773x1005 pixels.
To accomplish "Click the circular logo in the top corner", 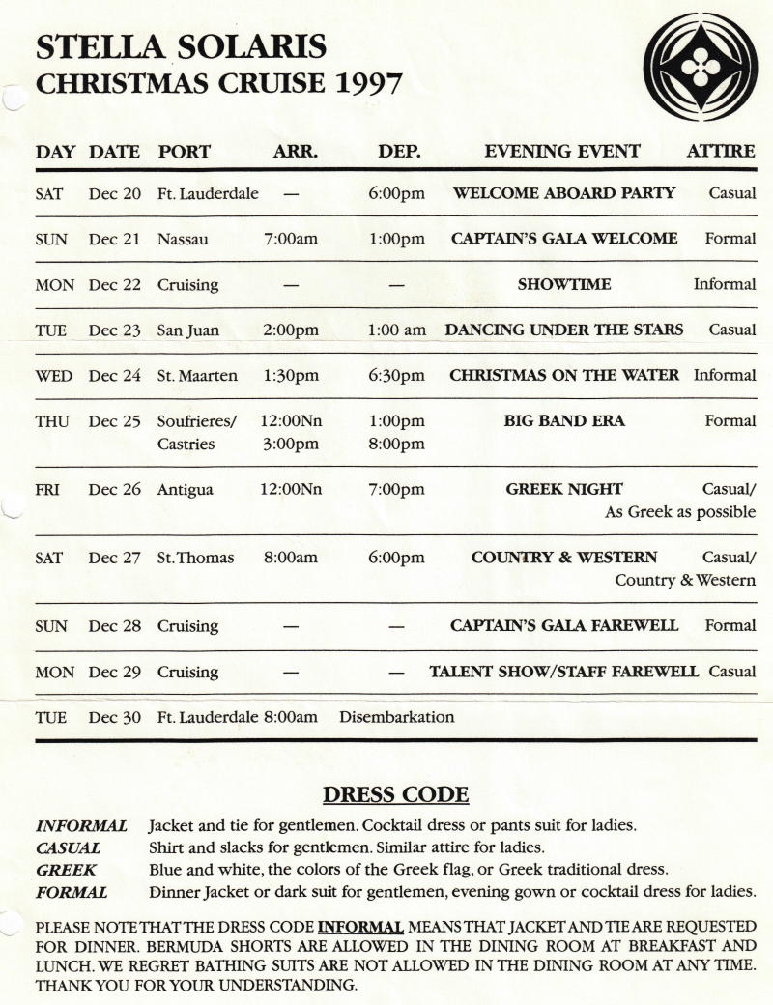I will (x=700, y=67).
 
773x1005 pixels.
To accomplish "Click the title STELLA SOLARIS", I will (x=181, y=45).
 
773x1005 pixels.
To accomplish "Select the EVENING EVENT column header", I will (x=561, y=152).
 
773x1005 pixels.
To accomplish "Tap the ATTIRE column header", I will (x=721, y=152).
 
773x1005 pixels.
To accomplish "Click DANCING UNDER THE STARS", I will (x=563, y=330).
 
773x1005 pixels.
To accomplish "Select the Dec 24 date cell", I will (x=115, y=375).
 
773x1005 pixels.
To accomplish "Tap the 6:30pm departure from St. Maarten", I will (x=396, y=375).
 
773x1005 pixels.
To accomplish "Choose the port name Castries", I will (x=186, y=444).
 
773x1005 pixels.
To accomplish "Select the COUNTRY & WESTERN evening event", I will (x=563, y=558).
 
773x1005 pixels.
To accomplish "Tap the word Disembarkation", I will (x=396, y=717).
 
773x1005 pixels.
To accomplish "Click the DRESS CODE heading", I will (x=395, y=794).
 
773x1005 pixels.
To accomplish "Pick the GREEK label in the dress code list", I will (x=67, y=870).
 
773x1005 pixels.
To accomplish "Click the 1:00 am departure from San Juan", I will (x=396, y=330).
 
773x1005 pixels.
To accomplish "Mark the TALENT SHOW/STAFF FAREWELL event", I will (x=563, y=671).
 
